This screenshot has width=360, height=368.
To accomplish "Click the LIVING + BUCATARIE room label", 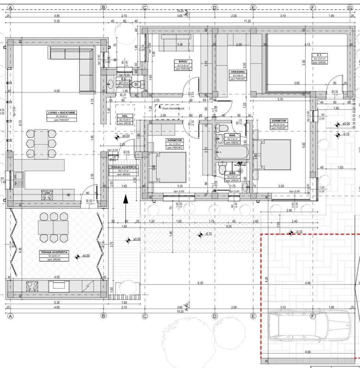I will tap(56, 112).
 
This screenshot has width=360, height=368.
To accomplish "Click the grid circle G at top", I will tap(350, 7).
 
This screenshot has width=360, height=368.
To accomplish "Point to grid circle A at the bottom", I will tap(10, 316).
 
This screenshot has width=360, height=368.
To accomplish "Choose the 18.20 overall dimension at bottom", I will tap(180, 311).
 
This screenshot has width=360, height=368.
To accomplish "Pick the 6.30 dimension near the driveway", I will tap(200, 283).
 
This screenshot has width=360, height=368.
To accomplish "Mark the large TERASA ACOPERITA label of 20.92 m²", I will tap(54, 252).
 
